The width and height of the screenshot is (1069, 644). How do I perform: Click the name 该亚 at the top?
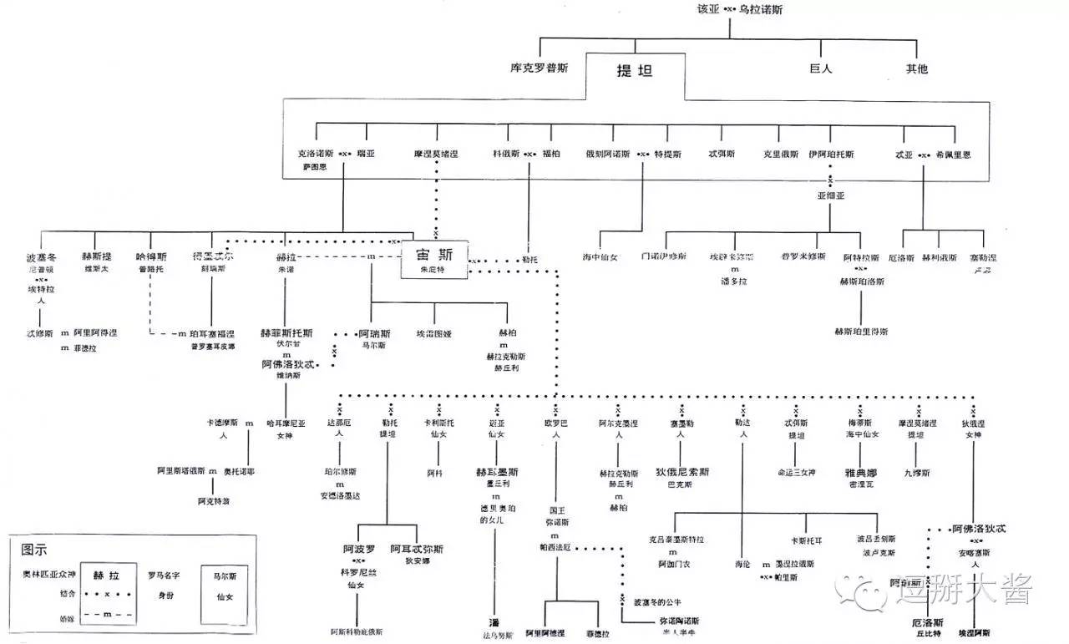pos(707,10)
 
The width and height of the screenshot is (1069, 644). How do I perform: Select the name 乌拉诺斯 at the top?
pos(762,10)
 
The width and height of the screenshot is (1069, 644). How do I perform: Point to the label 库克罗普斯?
pos(540,68)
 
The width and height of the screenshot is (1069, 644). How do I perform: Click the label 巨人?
pos(821,68)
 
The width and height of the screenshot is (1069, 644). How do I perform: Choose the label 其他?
pos(917,68)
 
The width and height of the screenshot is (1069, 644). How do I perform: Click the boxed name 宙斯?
pos(435,256)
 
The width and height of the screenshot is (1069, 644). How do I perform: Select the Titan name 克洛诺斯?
pos(315,155)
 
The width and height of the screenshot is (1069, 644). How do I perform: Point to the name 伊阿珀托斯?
pos(831,155)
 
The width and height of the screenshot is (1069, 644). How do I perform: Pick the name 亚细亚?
pos(831,195)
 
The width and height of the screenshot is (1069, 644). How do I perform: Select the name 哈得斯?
pos(151,256)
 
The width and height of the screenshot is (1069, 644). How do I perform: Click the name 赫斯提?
pos(96,256)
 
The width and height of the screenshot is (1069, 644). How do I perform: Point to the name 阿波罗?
pos(359,549)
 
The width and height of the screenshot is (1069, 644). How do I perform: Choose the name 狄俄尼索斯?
pos(682,472)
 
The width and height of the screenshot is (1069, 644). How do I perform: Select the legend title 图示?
pos(35,550)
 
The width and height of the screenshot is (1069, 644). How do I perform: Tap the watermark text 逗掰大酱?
pos(965,591)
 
